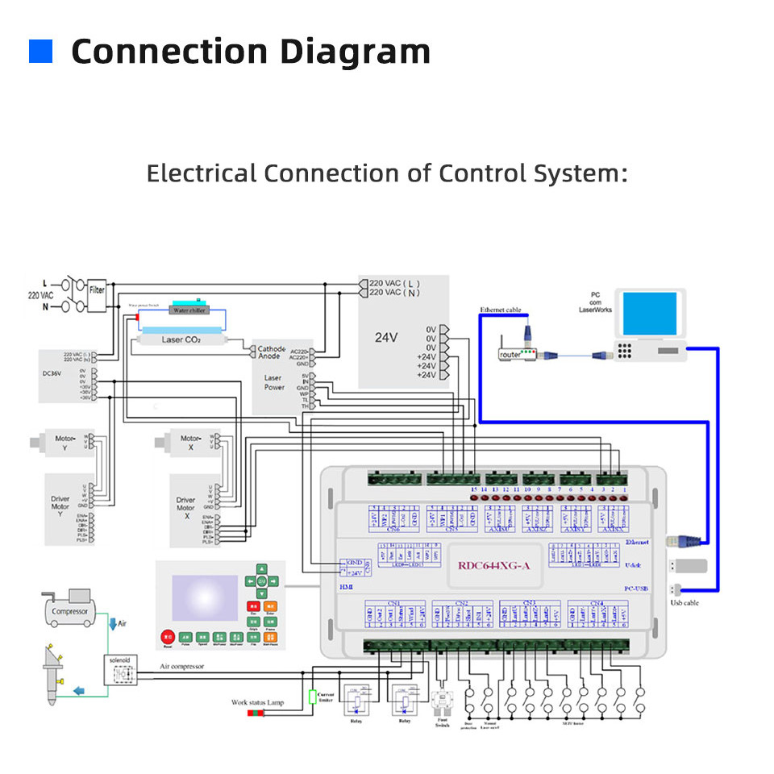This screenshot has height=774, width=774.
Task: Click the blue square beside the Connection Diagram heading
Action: [40, 52]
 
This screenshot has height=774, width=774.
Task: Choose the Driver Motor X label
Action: [185, 508]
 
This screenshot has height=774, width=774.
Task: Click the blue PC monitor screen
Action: [650, 314]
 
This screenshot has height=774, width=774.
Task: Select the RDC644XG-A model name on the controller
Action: [494, 565]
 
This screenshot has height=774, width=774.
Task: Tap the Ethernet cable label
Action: [501, 310]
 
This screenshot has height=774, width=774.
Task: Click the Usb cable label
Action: [685, 602]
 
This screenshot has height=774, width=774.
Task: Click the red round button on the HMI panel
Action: [168, 636]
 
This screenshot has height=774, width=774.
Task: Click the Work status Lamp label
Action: [258, 703]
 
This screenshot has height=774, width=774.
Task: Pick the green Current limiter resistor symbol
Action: [313, 697]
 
